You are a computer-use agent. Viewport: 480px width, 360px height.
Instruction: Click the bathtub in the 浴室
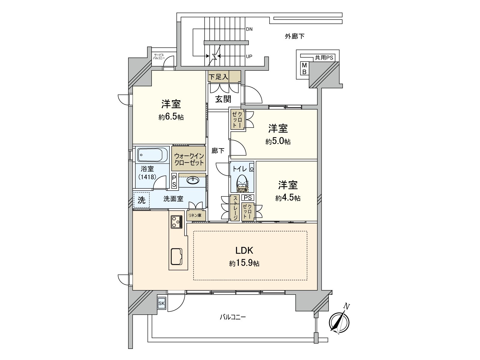point(150,155)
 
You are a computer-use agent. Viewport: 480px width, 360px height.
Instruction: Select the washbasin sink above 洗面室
point(192,180)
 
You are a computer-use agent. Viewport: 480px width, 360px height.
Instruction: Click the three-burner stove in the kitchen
point(177,222)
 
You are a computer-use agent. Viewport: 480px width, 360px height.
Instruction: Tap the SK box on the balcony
point(161,303)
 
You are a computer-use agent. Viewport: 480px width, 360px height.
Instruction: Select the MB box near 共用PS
point(304,69)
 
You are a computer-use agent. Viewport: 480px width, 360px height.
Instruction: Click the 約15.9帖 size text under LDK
point(244,264)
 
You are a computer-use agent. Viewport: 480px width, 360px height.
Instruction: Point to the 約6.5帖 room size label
point(171,117)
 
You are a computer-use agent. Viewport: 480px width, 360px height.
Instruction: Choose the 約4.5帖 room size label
point(288,198)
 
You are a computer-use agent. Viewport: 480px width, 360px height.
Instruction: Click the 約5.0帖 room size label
point(278,142)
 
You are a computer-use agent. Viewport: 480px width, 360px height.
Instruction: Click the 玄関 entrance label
point(223,99)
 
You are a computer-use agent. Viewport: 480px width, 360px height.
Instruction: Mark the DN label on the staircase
point(249,29)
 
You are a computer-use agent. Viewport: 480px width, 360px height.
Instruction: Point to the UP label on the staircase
point(249,56)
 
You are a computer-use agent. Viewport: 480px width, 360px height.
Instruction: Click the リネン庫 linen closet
point(195,215)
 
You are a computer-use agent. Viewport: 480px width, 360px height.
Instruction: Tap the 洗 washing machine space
point(141,200)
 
